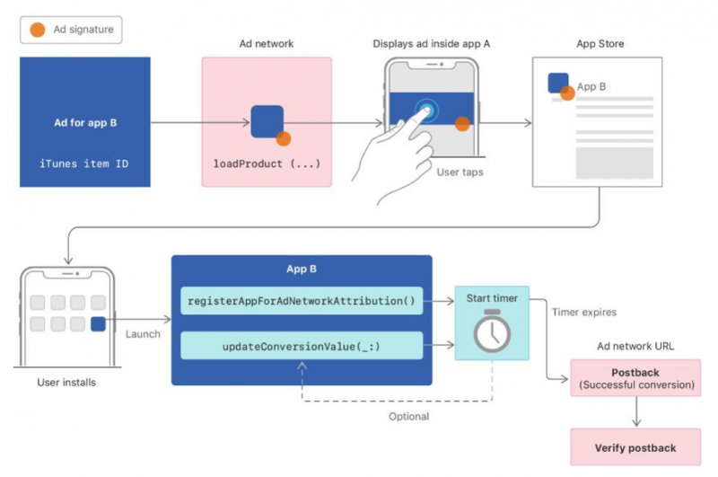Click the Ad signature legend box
point(71,30)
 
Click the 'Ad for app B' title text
point(84,122)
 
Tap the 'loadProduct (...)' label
point(266,164)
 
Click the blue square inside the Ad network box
point(267,121)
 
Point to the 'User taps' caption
point(460,171)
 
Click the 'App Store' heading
point(600,43)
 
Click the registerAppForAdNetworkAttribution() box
point(301,301)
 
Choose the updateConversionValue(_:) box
point(301,345)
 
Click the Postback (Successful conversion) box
point(635,378)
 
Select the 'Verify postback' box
point(635,446)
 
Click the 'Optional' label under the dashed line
point(408,416)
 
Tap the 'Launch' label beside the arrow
point(143,334)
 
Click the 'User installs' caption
point(66,383)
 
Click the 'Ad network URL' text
point(636,346)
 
